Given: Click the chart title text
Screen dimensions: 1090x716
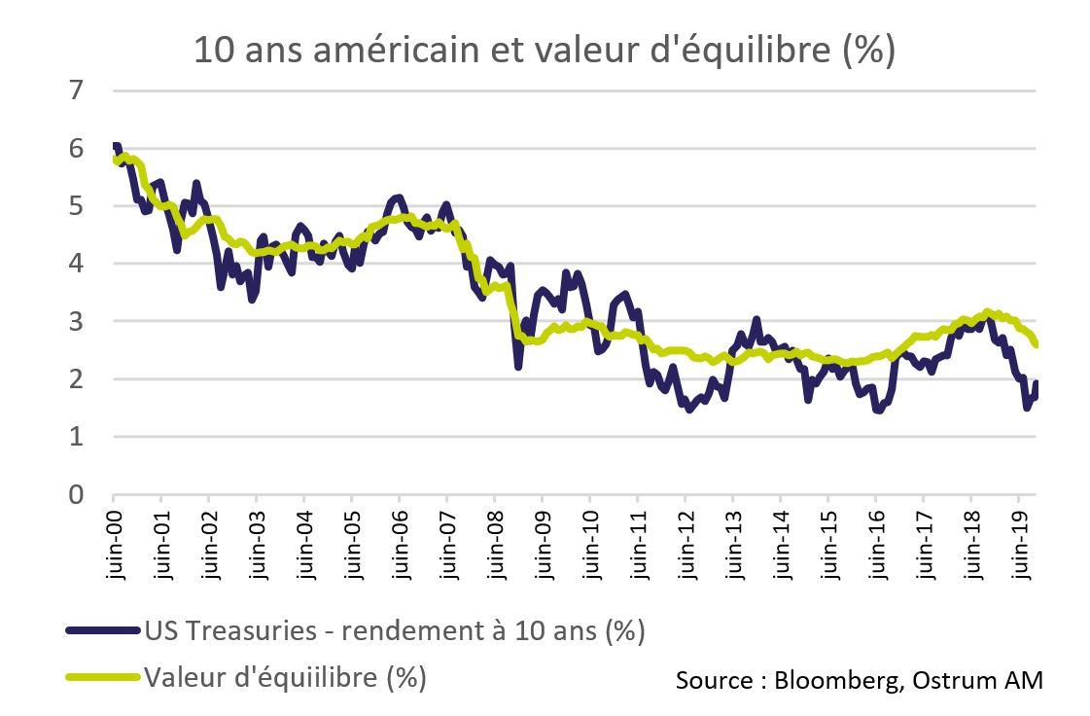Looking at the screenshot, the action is coord(545,50).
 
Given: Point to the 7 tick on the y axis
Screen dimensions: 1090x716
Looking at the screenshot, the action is coord(76,90).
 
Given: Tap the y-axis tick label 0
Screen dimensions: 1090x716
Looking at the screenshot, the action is coord(76,495).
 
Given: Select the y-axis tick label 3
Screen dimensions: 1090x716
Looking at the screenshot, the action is coord(76,321).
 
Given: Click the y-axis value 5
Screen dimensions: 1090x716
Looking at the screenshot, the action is coord(76,206).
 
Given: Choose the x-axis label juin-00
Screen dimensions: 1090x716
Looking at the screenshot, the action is coord(115,545).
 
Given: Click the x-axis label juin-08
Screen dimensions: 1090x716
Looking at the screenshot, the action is coord(496,545).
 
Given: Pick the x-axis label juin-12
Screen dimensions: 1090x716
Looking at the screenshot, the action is coord(686,545).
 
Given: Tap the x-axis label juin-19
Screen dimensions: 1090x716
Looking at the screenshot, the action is coord(1020,545).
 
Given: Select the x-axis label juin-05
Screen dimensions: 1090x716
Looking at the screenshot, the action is coord(353,545).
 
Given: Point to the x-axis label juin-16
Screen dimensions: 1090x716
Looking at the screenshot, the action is coord(877,545).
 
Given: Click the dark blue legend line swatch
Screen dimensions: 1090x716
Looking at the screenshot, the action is coord(103,631).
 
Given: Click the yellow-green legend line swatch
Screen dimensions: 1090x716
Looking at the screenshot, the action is coord(103,676).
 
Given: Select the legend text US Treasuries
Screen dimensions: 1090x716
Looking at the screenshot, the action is coord(230,630).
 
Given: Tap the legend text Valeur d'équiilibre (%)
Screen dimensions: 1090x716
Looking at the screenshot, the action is coord(285,676).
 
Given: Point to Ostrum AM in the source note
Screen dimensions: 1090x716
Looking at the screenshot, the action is coord(978,680).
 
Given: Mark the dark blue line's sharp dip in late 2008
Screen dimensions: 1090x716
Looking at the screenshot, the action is coord(518,366).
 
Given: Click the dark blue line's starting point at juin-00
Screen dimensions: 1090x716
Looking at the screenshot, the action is coord(116,145).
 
